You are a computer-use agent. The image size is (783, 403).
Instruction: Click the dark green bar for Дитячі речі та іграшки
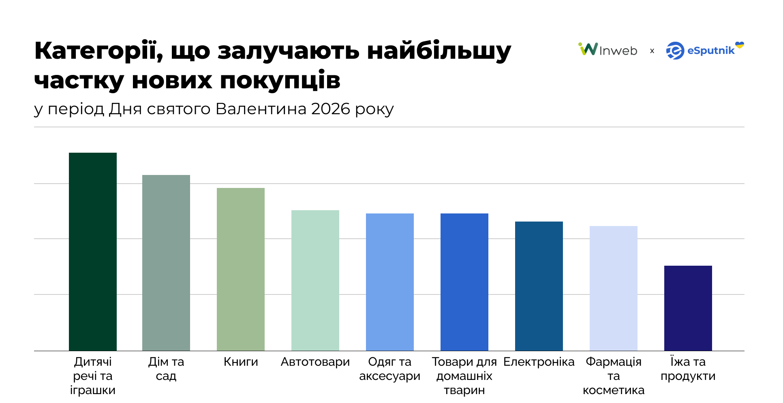93,251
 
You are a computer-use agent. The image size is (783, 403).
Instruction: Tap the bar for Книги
241,269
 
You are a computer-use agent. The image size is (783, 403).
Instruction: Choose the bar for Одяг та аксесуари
390,282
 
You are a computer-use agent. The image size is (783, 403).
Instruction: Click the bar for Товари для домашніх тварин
464,282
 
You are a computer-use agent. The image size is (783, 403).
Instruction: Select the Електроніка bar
539,286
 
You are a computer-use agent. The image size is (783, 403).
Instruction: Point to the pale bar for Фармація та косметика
614,288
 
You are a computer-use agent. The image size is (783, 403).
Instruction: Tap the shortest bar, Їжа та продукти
688,308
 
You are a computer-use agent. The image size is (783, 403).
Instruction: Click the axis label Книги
241,362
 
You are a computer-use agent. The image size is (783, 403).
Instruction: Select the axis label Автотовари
315,362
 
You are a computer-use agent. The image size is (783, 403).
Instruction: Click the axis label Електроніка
539,362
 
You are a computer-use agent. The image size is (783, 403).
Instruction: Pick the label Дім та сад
166,369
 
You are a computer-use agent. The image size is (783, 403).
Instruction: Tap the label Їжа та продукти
688,369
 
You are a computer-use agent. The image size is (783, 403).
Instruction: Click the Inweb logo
608,50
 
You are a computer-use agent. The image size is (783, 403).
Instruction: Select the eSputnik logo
701,51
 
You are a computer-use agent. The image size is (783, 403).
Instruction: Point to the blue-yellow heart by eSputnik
740,45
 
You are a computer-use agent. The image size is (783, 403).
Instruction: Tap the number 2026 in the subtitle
330,109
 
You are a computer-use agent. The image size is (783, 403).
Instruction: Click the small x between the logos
652,51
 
